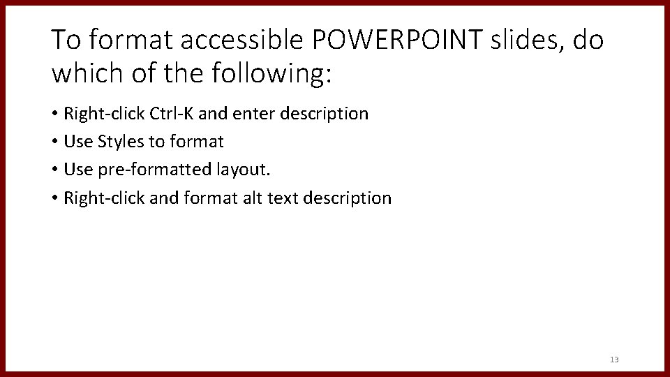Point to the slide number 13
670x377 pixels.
point(614,360)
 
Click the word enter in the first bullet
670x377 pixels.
point(255,113)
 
